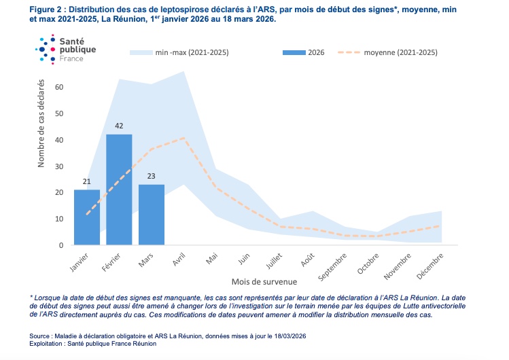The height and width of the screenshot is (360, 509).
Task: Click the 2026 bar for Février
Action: [119, 190]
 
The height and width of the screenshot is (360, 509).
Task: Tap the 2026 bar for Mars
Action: [152, 215]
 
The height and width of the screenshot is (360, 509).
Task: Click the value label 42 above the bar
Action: [119, 126]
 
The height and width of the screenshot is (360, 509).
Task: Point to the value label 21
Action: [86, 182]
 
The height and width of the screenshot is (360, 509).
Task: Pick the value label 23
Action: [152, 177]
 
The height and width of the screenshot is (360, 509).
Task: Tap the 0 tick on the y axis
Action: [61, 245]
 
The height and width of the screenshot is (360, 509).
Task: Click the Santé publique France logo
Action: [67, 50]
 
